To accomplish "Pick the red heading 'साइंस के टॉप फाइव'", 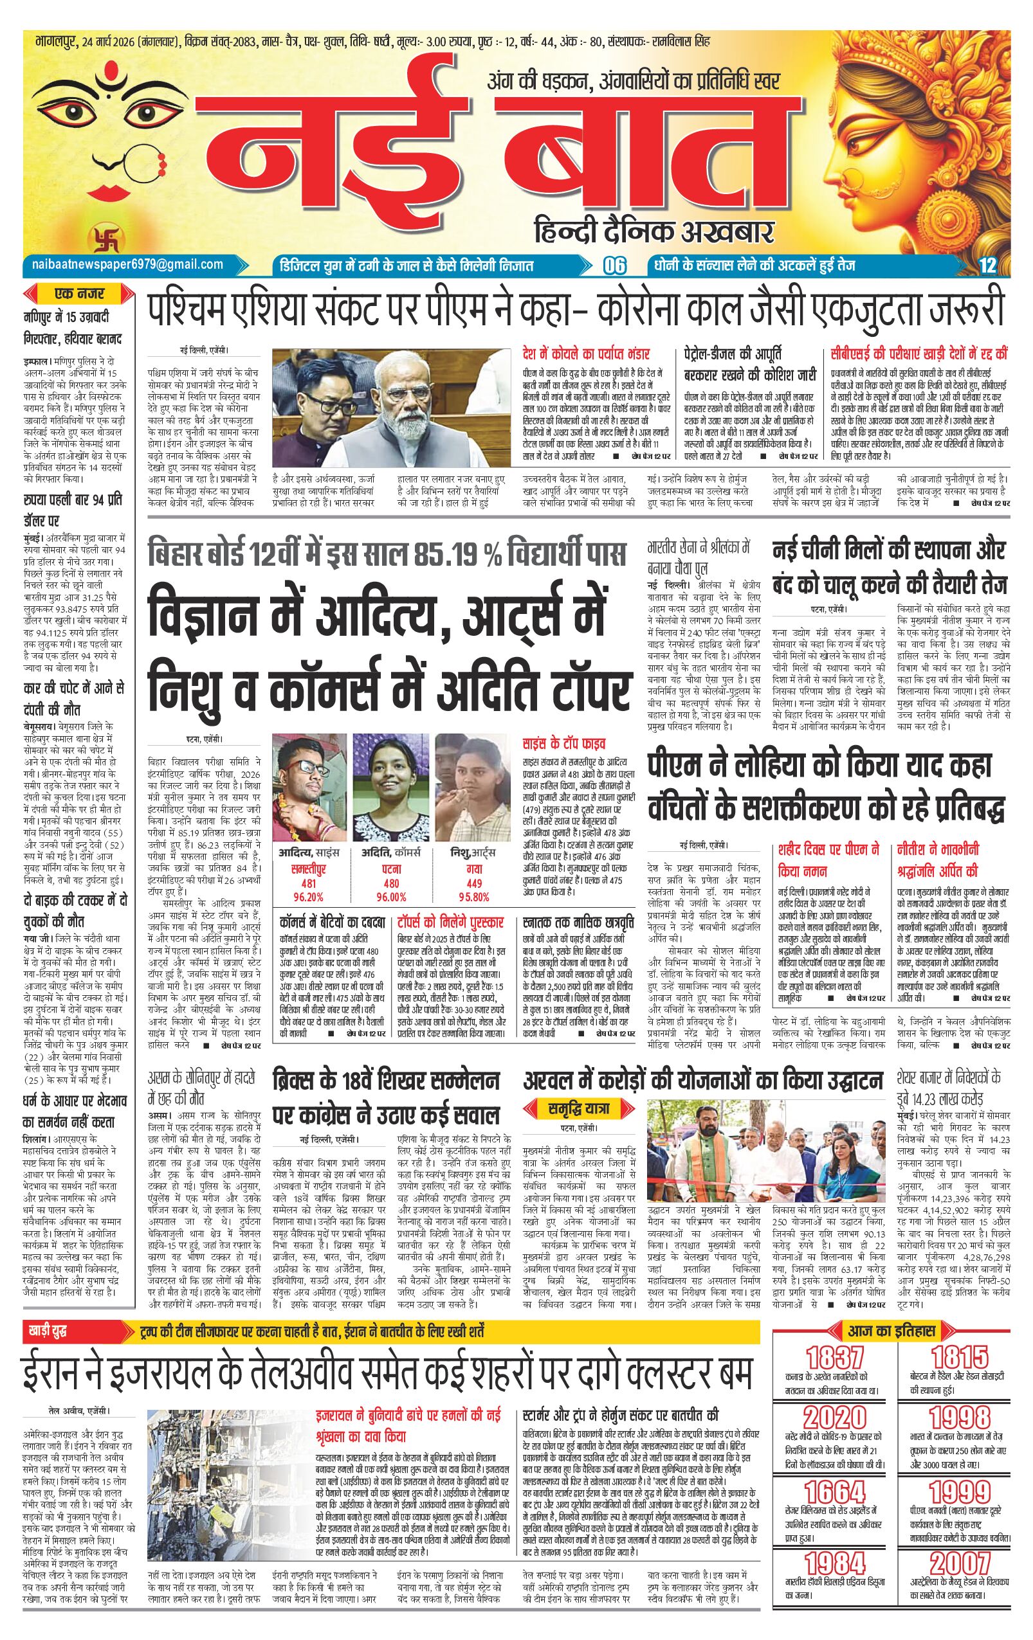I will [563, 741].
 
